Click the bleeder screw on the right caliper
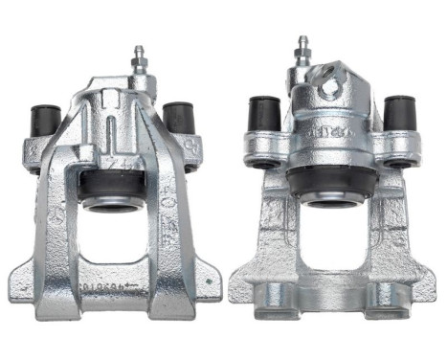[303, 51]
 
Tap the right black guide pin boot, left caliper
[178, 116]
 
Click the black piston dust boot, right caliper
[331, 182]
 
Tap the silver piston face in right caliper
[331, 200]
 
